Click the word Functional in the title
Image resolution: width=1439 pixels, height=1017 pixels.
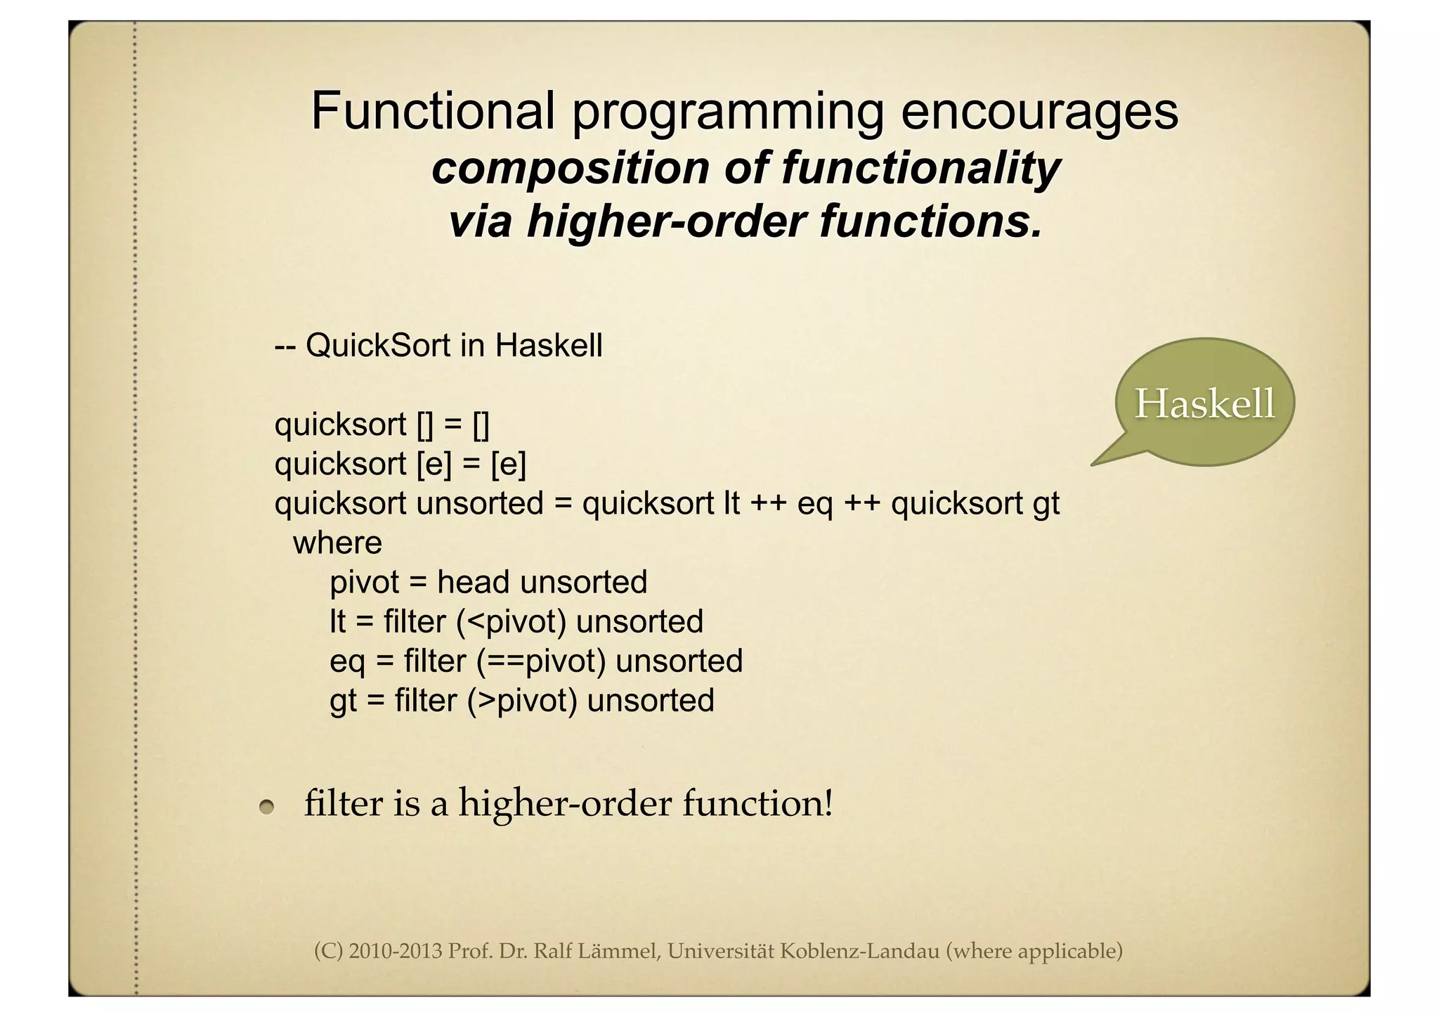[433, 111]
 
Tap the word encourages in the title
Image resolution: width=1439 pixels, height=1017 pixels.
[1039, 111]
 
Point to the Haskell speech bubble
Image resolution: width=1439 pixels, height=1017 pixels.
[1204, 403]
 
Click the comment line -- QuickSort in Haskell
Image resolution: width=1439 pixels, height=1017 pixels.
[438, 345]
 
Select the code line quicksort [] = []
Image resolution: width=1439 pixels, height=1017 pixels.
[382, 425]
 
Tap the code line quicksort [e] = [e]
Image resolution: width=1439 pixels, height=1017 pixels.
[400, 464]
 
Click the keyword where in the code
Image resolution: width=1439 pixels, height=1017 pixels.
[337, 543]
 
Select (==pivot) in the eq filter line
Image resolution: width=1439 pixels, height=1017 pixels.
[540, 661]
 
